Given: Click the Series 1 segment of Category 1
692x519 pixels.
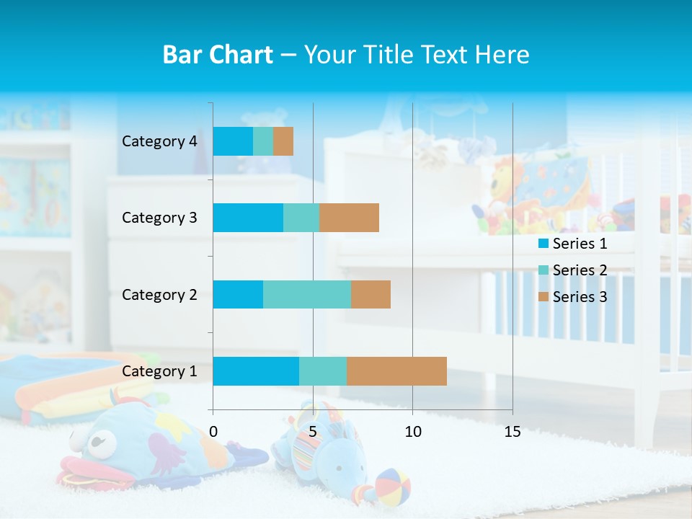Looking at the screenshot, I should pos(255,371).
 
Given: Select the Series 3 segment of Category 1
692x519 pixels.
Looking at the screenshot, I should pos(396,371).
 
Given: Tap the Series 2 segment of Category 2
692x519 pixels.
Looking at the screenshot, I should pos(306,294).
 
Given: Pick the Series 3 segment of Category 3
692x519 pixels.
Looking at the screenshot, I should pos(349,218).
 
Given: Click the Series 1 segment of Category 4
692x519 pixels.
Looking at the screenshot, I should pos(233,141).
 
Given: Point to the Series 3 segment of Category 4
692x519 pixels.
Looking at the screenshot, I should pos(283,141).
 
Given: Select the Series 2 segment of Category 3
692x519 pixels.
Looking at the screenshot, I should pos(301,218).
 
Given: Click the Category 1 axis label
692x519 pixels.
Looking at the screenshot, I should pos(159,371).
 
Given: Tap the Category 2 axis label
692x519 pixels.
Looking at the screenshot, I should pos(159,295).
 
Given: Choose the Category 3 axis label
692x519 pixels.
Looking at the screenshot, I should pos(159,218).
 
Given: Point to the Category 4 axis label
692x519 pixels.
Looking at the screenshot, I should pos(159,141).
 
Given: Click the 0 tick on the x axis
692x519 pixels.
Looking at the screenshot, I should pos(213,432).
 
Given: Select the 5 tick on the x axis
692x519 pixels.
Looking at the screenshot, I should pos(313,432).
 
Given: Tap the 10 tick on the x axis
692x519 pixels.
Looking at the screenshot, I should pos(412,432).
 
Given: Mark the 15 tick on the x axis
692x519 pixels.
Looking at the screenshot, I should pos(512,432).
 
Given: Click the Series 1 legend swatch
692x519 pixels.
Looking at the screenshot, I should pos(544,244).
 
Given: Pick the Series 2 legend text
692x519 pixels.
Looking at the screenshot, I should pos(580,270).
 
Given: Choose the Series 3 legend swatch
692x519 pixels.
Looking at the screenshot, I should pos(544,297).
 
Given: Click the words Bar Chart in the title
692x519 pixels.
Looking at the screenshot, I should pos(218,55).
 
